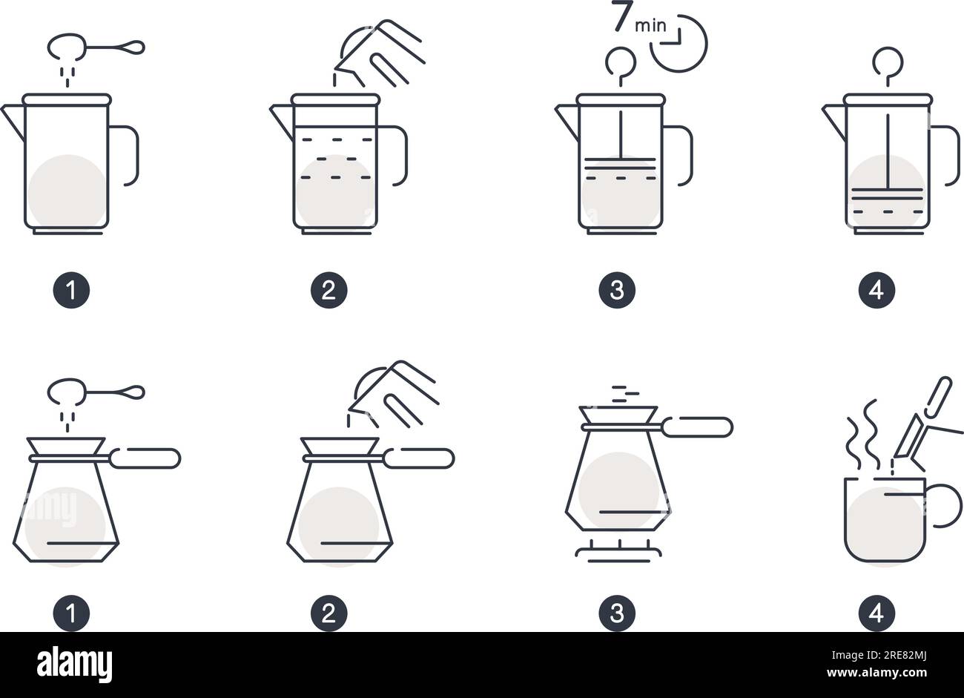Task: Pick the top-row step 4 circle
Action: tap(876, 290)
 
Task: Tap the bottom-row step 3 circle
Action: tap(617, 613)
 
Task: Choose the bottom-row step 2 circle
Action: tap(329, 613)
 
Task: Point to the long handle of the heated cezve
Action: tap(697, 427)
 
